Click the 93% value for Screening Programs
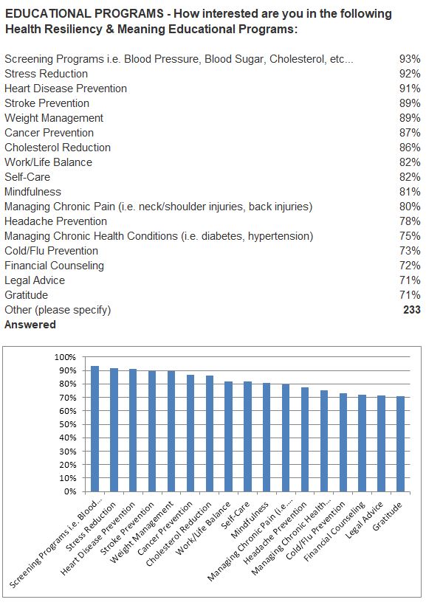(x=410, y=59)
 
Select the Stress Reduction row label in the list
(x=46, y=74)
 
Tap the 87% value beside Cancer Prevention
(x=410, y=133)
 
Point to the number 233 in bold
(x=412, y=310)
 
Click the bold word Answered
(x=30, y=325)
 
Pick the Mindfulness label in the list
(x=32, y=192)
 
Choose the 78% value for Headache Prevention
(x=410, y=221)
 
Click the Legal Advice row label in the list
(x=35, y=280)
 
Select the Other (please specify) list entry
(x=58, y=310)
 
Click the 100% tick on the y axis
(x=65, y=357)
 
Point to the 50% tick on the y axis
(x=67, y=424)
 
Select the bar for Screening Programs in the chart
(x=95, y=429)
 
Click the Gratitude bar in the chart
(x=400, y=444)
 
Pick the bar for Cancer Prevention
(x=190, y=433)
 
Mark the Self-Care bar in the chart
(x=247, y=437)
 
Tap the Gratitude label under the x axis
(x=388, y=516)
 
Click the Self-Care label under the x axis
(x=236, y=516)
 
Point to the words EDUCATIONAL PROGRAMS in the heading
(x=84, y=14)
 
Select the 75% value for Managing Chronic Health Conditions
(x=410, y=236)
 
